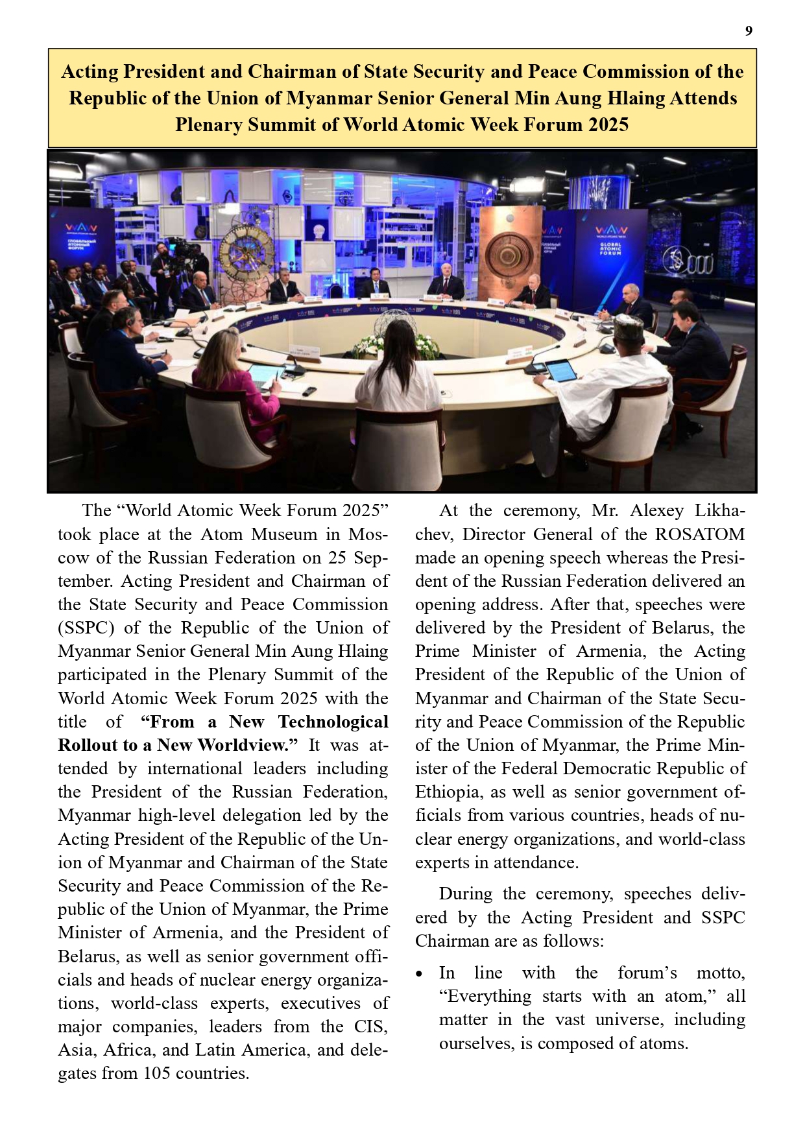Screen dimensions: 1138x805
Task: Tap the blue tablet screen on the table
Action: (x=561, y=371)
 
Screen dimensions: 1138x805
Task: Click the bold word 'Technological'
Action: (x=333, y=722)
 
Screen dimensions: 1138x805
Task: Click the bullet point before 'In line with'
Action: (x=420, y=975)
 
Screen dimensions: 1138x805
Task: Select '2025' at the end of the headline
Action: (x=608, y=124)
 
